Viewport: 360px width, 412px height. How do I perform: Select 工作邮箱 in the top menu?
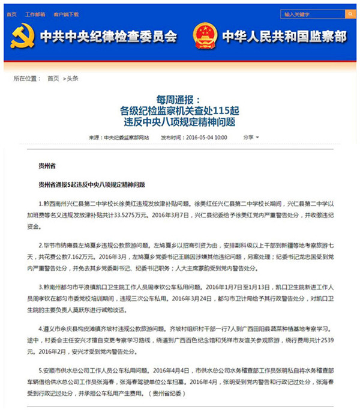click(35, 13)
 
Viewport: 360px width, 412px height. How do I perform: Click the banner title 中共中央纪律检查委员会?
click(108, 37)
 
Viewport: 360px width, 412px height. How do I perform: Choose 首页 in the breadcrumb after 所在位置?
click(53, 78)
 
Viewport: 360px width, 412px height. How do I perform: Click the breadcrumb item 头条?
click(73, 78)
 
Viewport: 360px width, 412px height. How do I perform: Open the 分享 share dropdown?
click(250, 138)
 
